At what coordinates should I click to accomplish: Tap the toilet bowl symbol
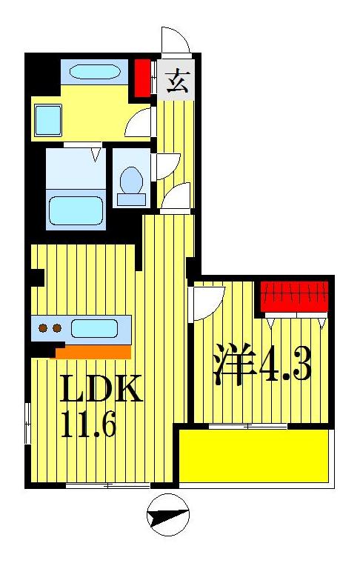pyautogui.click(x=131, y=183)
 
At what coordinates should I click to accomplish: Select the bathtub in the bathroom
pyautogui.click(x=75, y=210)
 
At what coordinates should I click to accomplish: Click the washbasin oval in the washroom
pyautogui.click(x=95, y=73)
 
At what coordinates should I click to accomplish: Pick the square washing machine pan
pyautogui.click(x=49, y=119)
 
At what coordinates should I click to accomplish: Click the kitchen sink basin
pyautogui.click(x=94, y=328)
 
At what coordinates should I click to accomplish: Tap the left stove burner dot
pyautogui.click(x=43, y=328)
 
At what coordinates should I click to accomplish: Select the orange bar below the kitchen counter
pyautogui.click(x=93, y=351)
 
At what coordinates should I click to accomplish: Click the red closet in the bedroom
pyautogui.click(x=294, y=296)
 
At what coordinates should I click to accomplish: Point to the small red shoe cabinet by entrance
pyautogui.click(x=142, y=78)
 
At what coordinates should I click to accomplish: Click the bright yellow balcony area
pyautogui.click(x=254, y=456)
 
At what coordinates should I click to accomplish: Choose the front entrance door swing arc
pyautogui.click(x=175, y=41)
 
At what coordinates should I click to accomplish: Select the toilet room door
pyautogui.click(x=166, y=165)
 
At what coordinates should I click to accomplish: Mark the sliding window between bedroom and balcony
pyautogui.click(x=247, y=426)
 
